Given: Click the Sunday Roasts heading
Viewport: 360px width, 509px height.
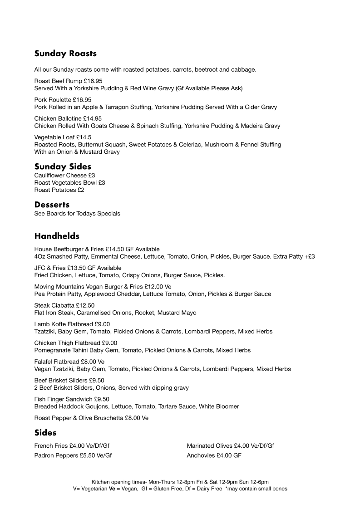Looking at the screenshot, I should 65,54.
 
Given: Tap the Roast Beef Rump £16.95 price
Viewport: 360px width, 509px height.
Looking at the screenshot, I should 93,81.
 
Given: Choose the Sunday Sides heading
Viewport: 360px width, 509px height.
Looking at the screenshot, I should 63,166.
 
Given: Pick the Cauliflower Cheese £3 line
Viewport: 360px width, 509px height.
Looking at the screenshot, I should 64,175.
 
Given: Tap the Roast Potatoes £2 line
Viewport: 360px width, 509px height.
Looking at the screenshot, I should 59,190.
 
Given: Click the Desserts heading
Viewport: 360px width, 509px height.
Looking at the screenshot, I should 52,205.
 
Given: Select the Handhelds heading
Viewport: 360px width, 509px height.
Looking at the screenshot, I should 57,236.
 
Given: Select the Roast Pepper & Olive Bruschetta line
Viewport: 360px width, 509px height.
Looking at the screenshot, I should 91,418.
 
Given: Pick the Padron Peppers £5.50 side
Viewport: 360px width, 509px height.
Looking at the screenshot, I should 73,455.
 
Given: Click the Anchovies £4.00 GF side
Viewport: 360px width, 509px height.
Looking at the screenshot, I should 214,455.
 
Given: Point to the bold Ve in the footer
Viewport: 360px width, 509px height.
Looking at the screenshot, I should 112,489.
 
